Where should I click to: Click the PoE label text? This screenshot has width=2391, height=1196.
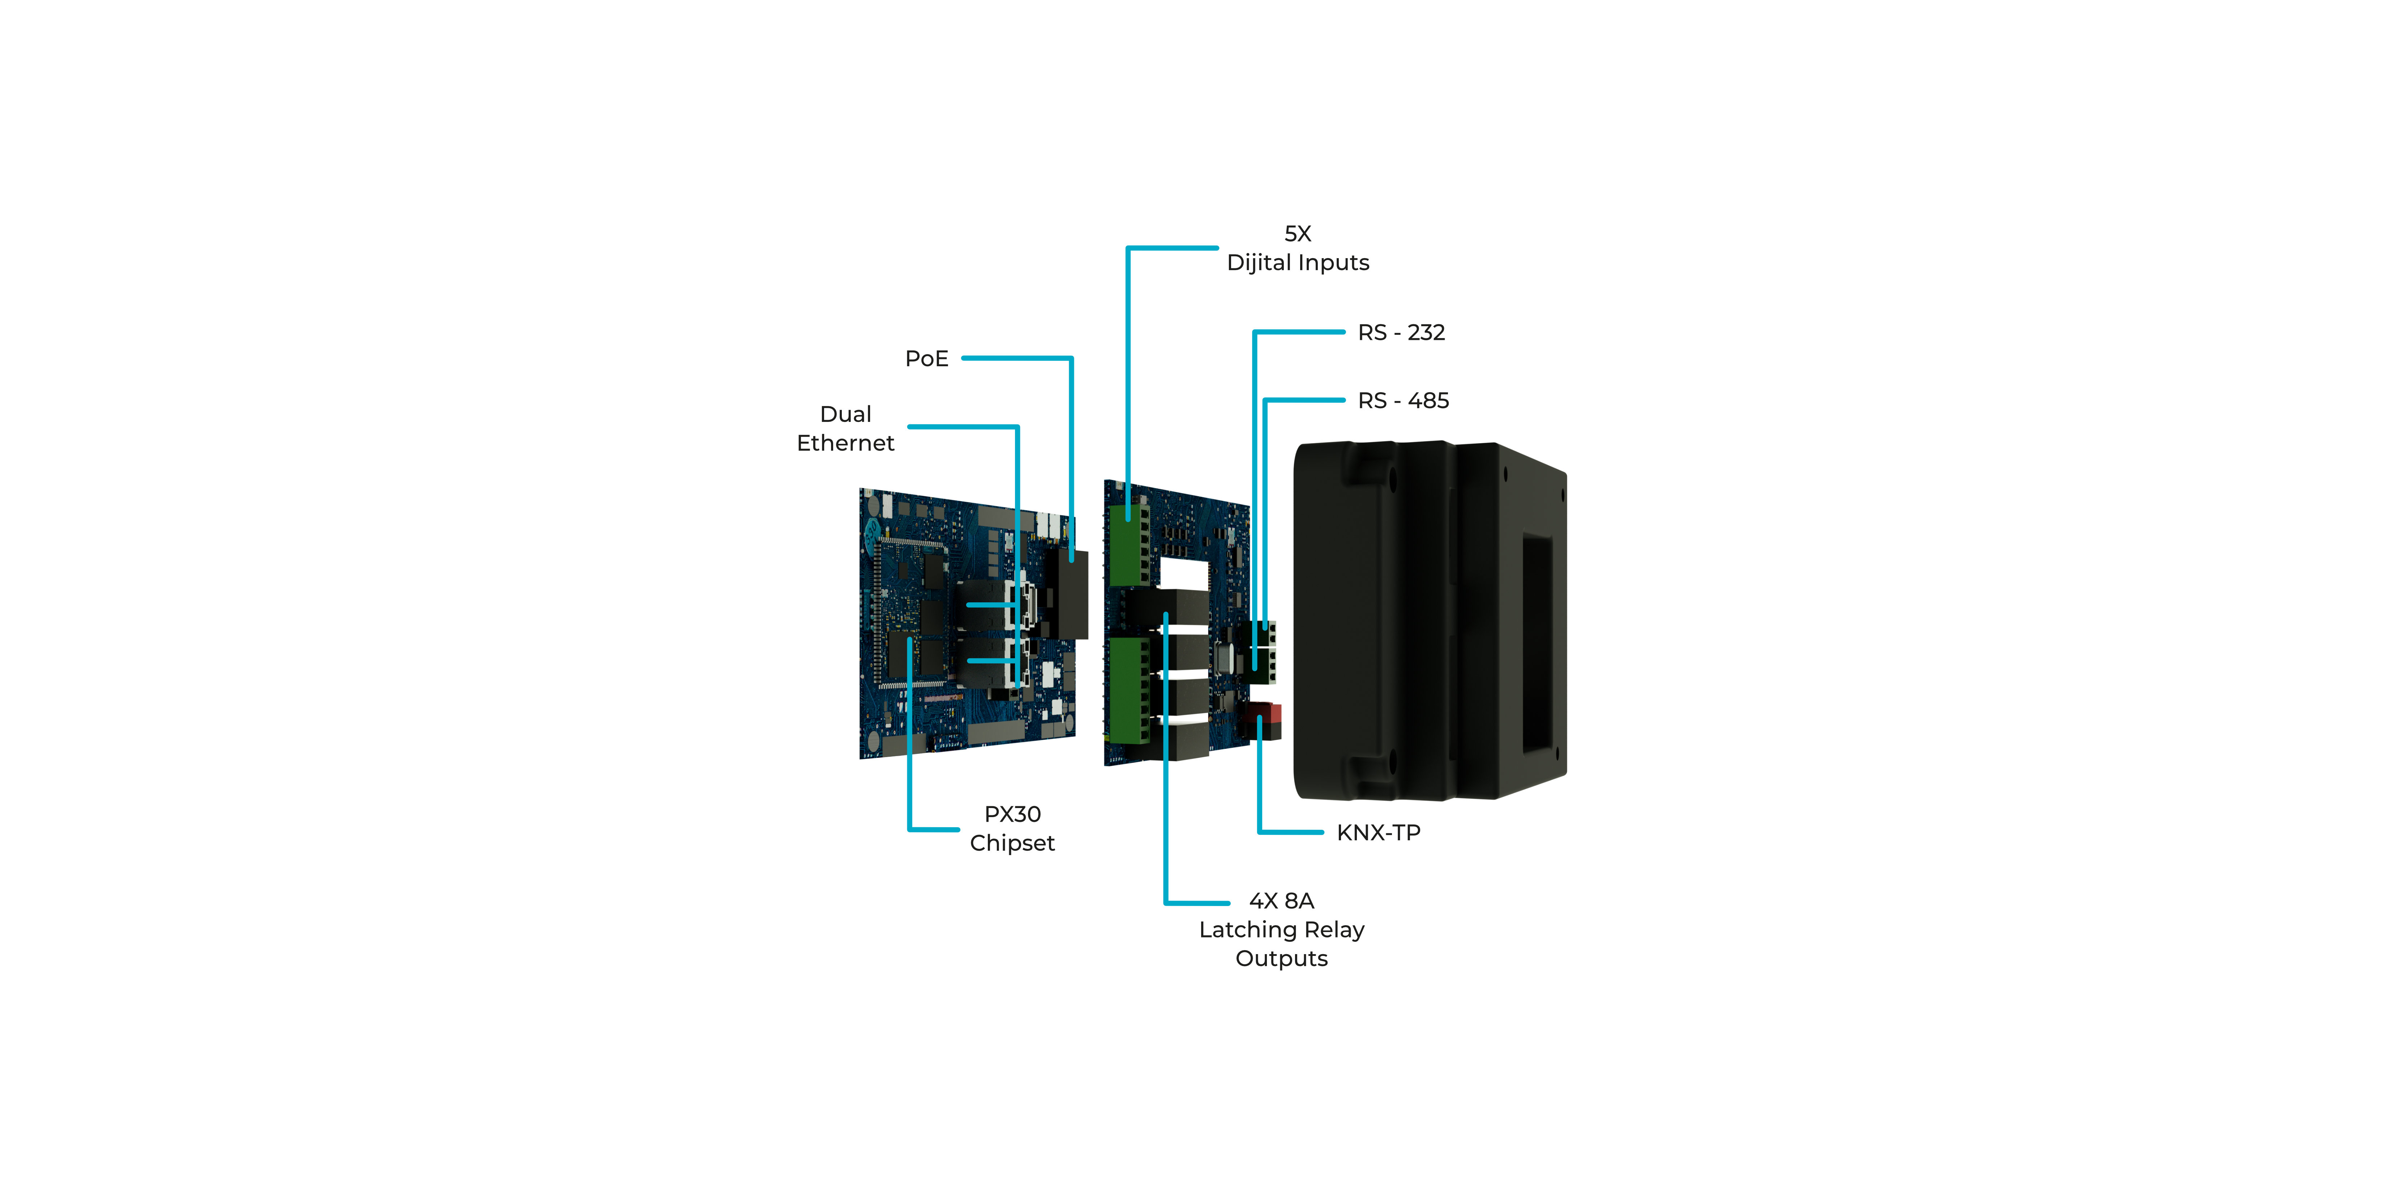[926, 358]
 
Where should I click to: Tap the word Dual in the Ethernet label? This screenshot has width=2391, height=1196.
[845, 414]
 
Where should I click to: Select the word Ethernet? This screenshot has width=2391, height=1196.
[845, 443]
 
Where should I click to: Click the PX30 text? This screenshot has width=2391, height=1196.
[1013, 814]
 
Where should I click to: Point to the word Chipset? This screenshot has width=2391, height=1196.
[1013, 843]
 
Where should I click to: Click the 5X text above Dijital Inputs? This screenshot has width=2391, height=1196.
[1298, 234]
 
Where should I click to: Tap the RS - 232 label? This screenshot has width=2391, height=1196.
[1402, 332]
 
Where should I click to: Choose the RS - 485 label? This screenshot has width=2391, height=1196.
[1404, 400]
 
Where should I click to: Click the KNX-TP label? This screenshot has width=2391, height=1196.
[1378, 833]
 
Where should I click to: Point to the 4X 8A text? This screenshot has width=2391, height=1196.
[1282, 901]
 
